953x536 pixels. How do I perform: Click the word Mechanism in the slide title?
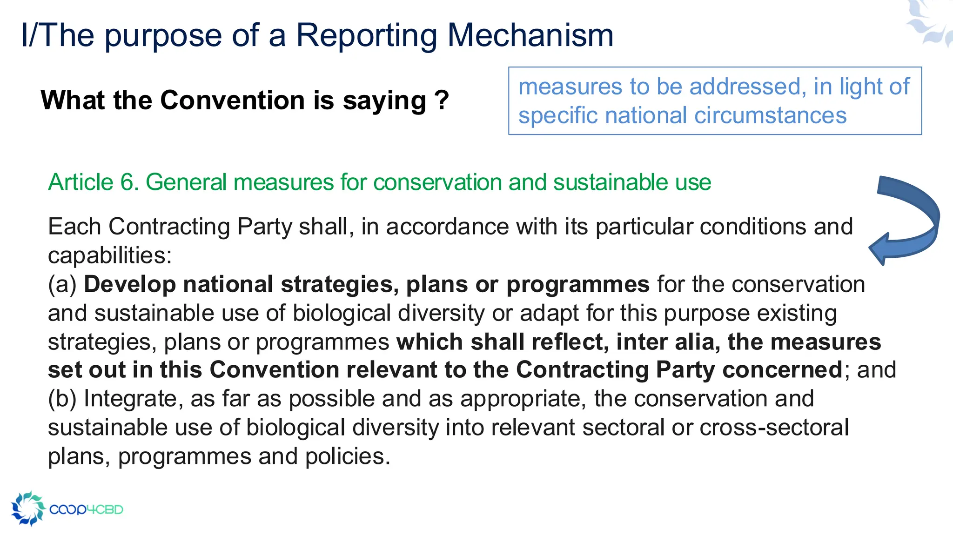530,35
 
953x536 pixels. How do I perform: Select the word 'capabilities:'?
110,255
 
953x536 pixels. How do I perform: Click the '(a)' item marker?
62,284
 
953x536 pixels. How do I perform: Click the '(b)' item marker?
62,399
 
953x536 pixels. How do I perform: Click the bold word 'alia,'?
694,342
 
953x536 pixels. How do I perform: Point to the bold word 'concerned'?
782,370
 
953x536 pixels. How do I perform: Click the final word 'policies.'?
348,456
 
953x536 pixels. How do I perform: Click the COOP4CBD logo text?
86,509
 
